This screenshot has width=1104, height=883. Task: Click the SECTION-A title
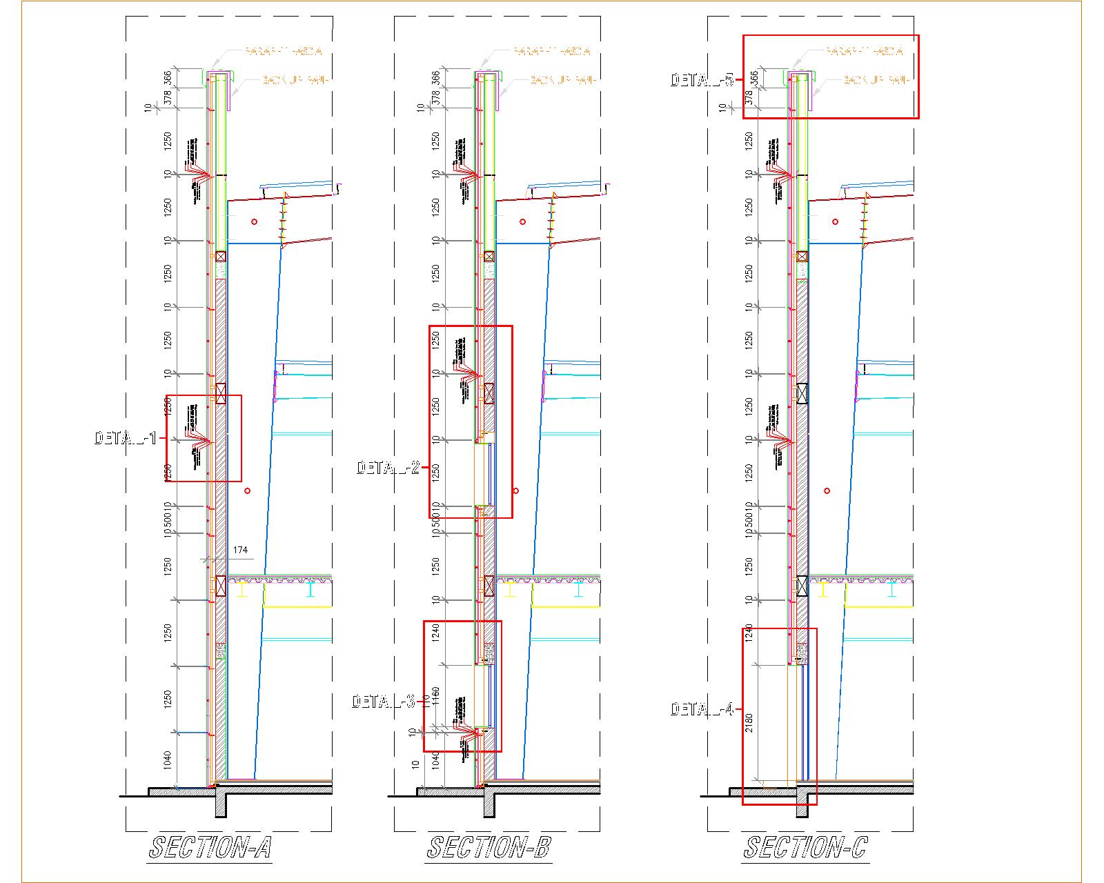tap(210, 847)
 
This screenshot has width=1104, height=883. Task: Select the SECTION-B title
tap(489, 847)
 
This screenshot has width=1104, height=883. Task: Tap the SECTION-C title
tap(805, 847)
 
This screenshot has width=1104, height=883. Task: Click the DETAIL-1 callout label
tap(126, 438)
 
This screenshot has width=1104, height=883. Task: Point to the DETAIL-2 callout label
tap(388, 468)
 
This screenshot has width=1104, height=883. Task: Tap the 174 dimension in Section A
tap(240, 550)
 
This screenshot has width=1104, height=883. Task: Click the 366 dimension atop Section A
tap(168, 77)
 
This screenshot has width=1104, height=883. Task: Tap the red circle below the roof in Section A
tap(255, 221)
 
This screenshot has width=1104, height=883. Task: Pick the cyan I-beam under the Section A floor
tap(311, 589)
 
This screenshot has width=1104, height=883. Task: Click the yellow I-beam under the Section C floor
tap(824, 589)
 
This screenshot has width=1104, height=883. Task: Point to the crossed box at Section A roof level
tap(221, 256)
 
